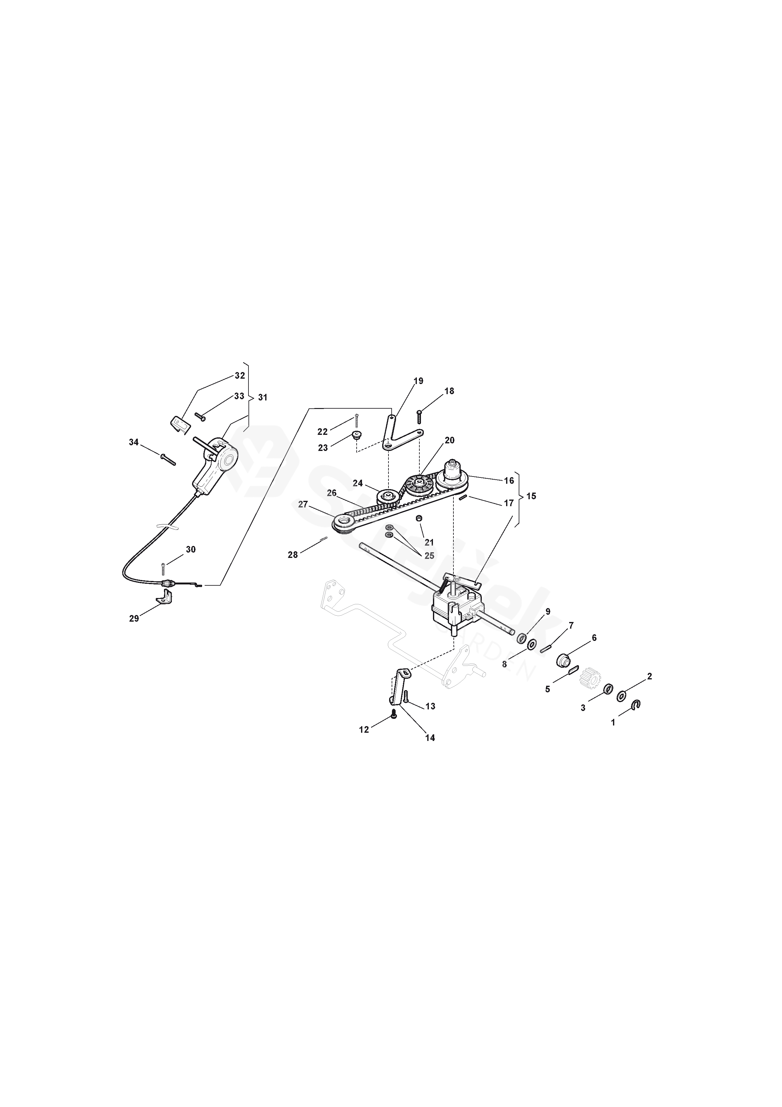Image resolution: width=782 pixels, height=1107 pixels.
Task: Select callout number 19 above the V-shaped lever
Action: click(418, 381)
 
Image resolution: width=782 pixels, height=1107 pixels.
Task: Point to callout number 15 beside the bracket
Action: click(531, 496)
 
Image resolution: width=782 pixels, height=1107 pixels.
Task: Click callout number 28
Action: click(293, 555)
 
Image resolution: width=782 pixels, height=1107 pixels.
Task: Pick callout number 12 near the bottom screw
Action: click(364, 730)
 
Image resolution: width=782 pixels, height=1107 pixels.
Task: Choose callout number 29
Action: click(134, 619)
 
